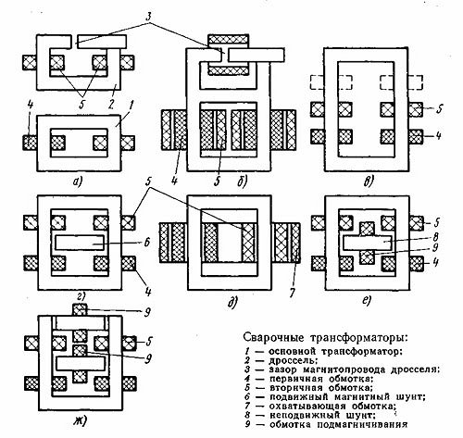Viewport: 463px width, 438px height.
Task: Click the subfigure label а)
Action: [x=77, y=182]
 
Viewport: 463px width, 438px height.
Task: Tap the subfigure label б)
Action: [x=242, y=182]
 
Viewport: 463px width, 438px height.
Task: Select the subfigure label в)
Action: [x=368, y=181]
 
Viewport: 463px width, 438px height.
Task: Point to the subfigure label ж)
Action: [x=80, y=421]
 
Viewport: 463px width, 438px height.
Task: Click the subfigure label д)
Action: [x=232, y=303]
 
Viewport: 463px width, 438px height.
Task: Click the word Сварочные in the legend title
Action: [x=274, y=337]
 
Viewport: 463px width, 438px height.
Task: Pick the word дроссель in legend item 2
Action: [x=293, y=360]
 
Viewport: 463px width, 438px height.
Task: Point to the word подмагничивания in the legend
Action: [x=362, y=424]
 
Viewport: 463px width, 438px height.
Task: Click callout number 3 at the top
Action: [x=149, y=18]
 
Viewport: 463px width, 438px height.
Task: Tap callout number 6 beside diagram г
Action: [x=147, y=243]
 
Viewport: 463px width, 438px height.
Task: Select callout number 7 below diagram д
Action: [x=292, y=294]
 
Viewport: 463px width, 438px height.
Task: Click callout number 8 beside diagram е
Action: [x=435, y=237]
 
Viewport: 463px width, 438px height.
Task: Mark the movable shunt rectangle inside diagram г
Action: [x=80, y=243]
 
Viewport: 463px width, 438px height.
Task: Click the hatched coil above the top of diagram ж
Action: [x=80, y=309]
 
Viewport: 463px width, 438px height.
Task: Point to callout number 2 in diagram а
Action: [x=111, y=104]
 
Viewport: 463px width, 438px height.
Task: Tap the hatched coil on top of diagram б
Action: [x=229, y=39]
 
